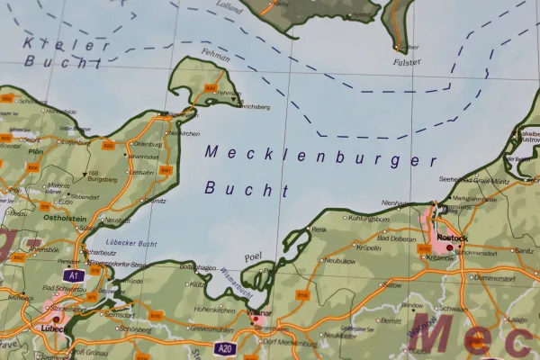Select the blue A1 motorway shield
74,275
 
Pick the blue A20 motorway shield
226,347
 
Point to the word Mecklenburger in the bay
320,157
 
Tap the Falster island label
407,62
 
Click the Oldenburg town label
145,144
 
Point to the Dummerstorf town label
493,277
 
